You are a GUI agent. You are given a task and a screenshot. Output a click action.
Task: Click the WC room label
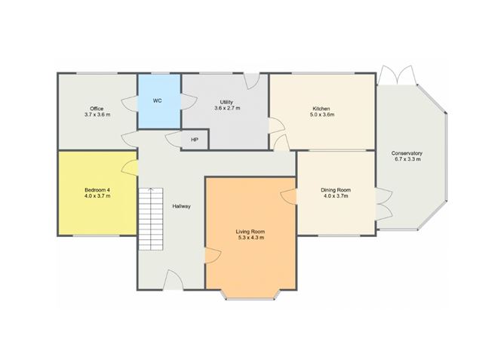pos(157,101)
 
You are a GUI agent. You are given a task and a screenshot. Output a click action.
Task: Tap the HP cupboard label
pos(195,140)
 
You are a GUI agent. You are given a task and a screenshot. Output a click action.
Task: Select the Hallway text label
pos(181,206)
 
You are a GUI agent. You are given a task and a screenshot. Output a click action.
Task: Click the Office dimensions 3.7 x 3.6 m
pos(97,115)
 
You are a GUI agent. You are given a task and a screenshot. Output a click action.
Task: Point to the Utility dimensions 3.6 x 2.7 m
pos(227,108)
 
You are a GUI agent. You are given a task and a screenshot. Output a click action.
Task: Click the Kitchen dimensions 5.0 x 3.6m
pos(321,115)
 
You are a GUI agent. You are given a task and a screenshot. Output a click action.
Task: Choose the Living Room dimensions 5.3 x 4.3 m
pos(250,238)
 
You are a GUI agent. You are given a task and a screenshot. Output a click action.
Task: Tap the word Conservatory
pos(407,153)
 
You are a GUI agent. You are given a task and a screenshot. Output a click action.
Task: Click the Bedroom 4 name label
pos(97,189)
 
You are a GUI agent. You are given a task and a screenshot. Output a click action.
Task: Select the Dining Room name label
pos(336,190)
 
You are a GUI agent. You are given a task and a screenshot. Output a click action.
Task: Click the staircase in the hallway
pos(151,219)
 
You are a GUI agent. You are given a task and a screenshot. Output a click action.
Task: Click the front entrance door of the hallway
pos(173,280)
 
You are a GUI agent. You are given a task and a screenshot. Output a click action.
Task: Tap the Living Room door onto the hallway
pos(213,256)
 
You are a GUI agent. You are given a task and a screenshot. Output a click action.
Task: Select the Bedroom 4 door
pos(130,168)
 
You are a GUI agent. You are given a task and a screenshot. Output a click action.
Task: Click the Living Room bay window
pos(250,295)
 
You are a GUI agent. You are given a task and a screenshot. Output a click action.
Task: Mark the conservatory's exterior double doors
pos(397,75)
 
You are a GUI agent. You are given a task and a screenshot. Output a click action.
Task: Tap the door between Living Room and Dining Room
pos(289,196)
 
